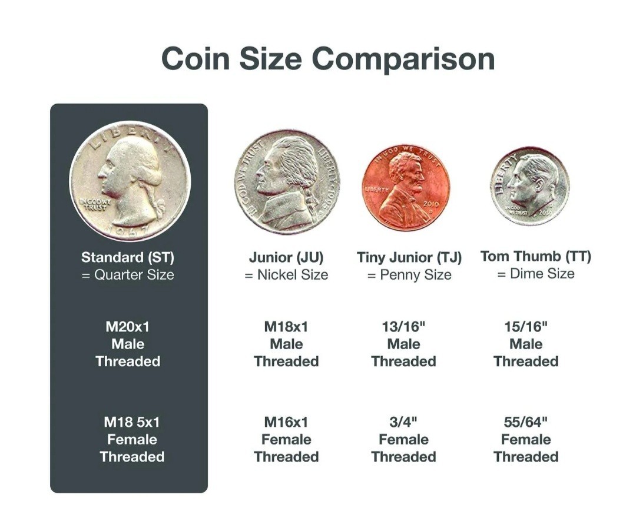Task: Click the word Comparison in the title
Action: coord(403,59)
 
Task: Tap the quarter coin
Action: coord(130,181)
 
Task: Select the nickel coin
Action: coord(287,182)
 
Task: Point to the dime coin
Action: coord(530,186)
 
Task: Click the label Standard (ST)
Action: coord(128,257)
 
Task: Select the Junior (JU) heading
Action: coord(286,257)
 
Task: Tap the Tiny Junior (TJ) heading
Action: coord(409,257)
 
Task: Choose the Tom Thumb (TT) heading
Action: coord(536,256)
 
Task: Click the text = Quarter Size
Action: coord(128,274)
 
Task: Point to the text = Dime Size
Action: coord(536,273)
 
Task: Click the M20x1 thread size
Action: coord(128,327)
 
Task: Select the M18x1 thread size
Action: coord(286,327)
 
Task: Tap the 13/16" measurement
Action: coord(403,326)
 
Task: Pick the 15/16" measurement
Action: coord(526,326)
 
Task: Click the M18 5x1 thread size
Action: coord(132,422)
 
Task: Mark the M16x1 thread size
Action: coord(286,422)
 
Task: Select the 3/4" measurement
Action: coord(403,422)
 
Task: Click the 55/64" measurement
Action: coord(526,422)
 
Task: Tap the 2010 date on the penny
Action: coord(430,204)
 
